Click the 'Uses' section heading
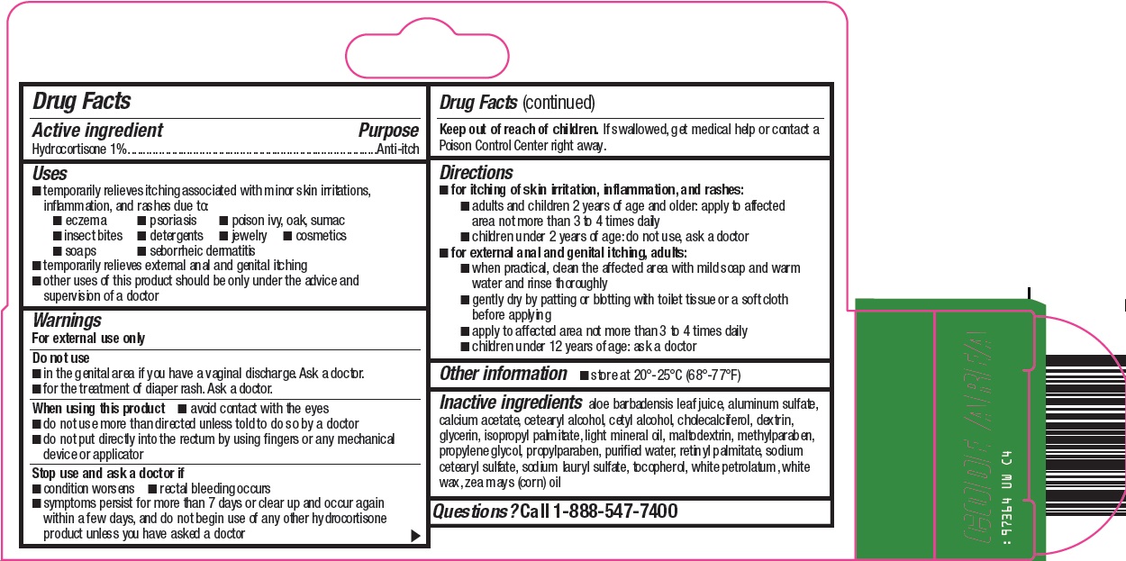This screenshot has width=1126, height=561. tap(50, 174)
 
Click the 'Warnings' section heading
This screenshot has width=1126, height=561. tap(68, 321)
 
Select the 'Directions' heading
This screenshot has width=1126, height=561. tap(477, 172)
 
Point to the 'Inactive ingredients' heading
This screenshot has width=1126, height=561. tap(511, 403)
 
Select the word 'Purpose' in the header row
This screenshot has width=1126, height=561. tap(388, 131)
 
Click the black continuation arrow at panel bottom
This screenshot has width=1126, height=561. tap(415, 536)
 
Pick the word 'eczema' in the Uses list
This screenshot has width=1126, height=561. tap(86, 221)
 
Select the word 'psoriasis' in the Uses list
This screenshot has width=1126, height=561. tap(172, 221)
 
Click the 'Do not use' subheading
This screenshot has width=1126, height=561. tap(60, 358)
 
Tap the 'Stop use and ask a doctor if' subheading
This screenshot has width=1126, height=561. tap(108, 473)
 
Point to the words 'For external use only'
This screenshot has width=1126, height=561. tap(88, 339)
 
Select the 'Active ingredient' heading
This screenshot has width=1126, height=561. tap(98, 131)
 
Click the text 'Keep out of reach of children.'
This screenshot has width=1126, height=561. tap(519, 130)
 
